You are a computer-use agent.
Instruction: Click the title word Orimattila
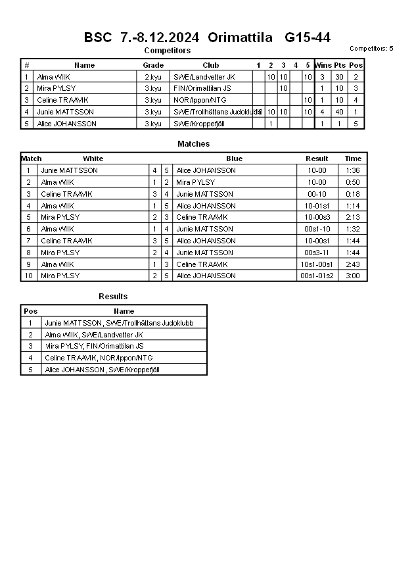click(240, 37)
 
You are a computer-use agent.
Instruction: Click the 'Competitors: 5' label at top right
click(371, 49)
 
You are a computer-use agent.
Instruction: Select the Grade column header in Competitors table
click(153, 65)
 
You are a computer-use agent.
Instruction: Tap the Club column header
click(211, 65)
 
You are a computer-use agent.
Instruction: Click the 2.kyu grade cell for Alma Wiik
click(153, 77)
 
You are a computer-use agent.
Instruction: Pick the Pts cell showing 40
click(340, 112)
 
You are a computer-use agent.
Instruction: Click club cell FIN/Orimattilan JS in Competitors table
click(202, 88)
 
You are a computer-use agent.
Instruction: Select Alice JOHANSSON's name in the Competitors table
click(67, 124)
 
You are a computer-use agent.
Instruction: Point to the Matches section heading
click(194, 143)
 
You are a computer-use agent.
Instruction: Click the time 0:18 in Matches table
click(353, 194)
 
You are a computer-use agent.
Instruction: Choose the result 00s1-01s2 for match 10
click(317, 276)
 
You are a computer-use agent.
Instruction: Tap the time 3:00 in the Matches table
click(353, 276)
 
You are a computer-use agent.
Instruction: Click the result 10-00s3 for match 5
click(317, 217)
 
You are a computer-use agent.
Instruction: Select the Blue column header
click(234, 159)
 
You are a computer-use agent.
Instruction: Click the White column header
click(93, 159)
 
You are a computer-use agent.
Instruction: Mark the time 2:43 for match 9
click(353, 264)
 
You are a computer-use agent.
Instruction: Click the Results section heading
click(113, 297)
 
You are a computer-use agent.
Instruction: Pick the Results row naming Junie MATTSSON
click(119, 323)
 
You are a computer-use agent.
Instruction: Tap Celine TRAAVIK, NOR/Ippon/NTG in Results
click(99, 358)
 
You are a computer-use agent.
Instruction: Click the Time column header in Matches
click(353, 159)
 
